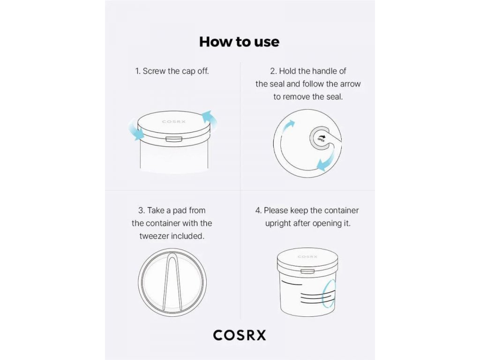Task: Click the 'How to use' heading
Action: [239, 42]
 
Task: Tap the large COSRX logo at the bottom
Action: [240, 335]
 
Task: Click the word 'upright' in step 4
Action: [278, 224]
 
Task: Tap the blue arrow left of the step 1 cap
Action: [135, 130]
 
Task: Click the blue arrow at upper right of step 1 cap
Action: [210, 120]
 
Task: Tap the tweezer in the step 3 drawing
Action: [172, 284]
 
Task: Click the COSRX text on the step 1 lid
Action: [173, 121]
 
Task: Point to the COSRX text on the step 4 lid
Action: [307, 256]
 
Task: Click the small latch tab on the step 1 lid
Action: [174, 139]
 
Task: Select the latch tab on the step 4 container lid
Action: [307, 271]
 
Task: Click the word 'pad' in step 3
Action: [180, 210]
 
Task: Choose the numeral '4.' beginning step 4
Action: [259, 210]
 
